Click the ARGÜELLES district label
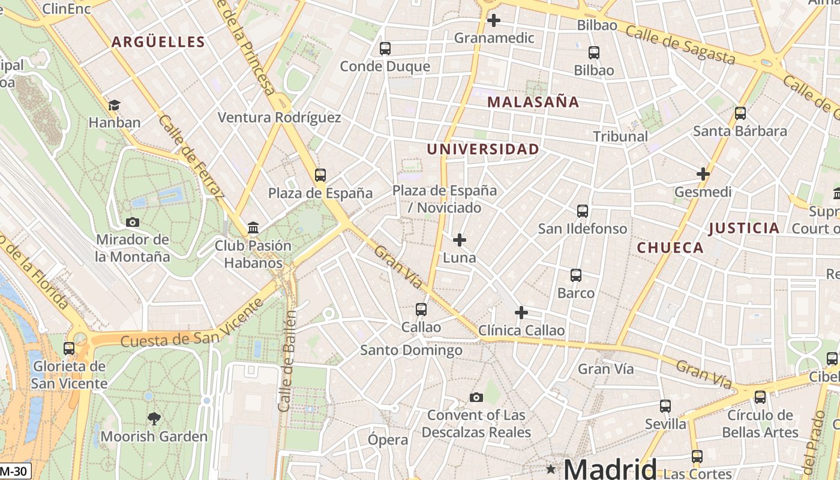(x=158, y=42)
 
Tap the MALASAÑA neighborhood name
(x=533, y=102)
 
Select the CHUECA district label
(x=670, y=248)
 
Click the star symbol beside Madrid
(x=551, y=468)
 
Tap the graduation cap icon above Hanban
(x=114, y=106)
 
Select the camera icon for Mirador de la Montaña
(x=133, y=222)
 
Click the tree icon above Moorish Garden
(x=154, y=418)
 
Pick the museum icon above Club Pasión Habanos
(x=253, y=228)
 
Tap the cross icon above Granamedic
(x=493, y=20)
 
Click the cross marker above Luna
(x=460, y=240)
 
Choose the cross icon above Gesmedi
(x=703, y=175)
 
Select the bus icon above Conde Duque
(x=385, y=48)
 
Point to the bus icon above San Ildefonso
(x=582, y=211)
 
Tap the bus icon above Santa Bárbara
(x=740, y=113)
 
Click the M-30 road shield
(x=14, y=472)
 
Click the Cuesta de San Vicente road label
(x=192, y=323)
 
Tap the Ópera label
(x=388, y=440)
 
